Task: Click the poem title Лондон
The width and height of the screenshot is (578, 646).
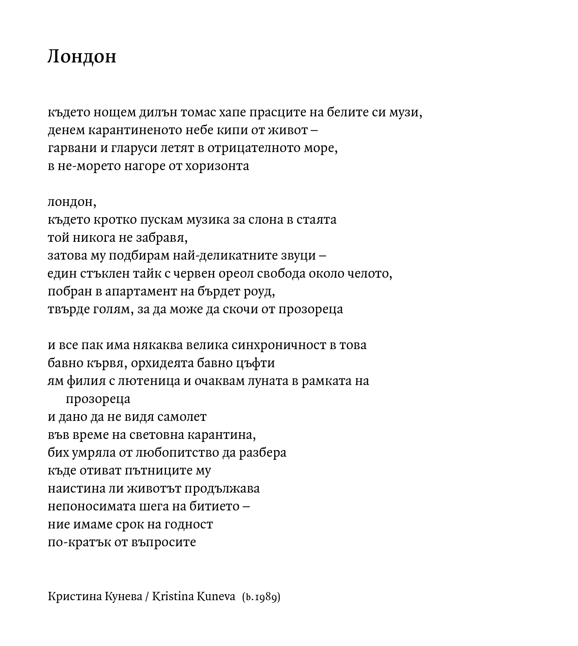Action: pos(82,57)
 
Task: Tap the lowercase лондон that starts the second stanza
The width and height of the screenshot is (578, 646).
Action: pos(72,202)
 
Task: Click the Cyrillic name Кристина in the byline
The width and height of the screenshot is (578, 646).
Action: pos(74,597)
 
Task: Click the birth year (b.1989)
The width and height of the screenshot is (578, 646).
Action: pos(261,597)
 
